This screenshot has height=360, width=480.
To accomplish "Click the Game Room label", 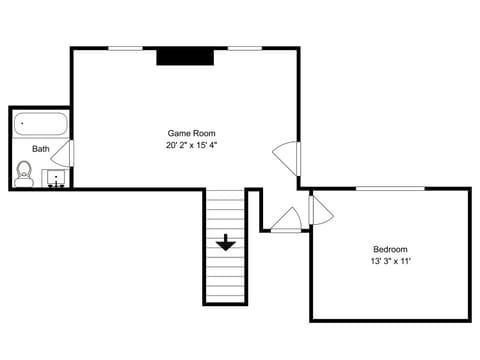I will (x=191, y=133).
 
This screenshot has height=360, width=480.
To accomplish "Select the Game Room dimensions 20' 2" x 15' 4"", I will (x=191, y=145).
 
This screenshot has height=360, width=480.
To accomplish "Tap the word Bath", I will (x=40, y=149).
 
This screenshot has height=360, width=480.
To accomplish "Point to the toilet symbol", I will (x=25, y=174).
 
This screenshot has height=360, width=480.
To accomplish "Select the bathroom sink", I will (x=56, y=178).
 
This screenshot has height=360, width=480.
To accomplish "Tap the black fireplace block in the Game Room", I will (x=185, y=57).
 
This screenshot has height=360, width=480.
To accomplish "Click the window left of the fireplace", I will (x=124, y=48).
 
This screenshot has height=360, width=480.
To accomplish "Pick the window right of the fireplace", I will (x=245, y=48).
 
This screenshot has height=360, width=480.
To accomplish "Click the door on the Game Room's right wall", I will (x=288, y=157).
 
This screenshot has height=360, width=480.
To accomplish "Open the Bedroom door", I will (x=320, y=209).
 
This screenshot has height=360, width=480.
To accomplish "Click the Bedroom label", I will (x=390, y=249).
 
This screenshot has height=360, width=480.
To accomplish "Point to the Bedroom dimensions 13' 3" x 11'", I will (x=390, y=261).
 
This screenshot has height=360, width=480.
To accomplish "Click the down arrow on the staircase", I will (x=226, y=243).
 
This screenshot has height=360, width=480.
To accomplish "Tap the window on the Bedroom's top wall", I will (x=391, y=188).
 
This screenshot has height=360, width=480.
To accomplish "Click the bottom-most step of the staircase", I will (x=226, y=297).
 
